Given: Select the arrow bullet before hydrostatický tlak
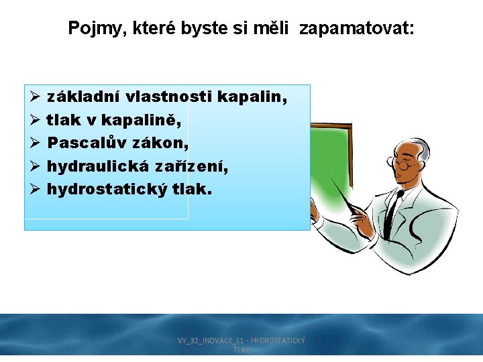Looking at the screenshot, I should point(36,189).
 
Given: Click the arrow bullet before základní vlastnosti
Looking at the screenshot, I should point(36,98).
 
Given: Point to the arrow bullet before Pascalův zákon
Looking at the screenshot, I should point(36,143).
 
